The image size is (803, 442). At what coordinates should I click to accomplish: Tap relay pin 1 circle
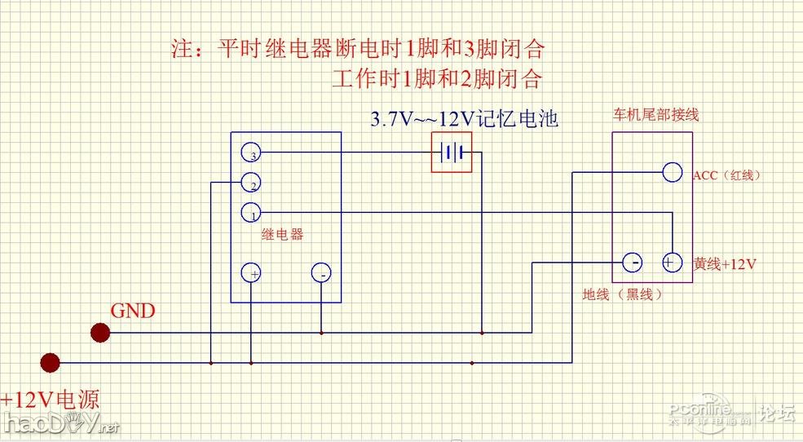(250, 213)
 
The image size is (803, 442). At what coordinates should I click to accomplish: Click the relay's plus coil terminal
(252, 273)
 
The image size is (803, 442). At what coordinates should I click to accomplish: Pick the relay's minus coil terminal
(321, 274)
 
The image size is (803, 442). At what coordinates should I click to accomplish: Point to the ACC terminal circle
(672, 172)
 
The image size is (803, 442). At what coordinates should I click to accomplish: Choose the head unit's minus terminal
(633, 263)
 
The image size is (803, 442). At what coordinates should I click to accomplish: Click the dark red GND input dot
(100, 332)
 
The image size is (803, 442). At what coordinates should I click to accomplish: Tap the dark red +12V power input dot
(51, 362)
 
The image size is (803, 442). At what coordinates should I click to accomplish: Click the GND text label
(133, 311)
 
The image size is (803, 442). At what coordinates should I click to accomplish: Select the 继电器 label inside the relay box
(283, 234)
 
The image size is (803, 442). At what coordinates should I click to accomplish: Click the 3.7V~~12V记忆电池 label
(464, 119)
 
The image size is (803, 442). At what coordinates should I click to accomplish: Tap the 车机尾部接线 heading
(655, 115)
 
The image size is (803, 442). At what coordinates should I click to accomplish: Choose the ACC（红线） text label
(730, 175)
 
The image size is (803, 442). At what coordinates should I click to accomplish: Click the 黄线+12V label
(725, 264)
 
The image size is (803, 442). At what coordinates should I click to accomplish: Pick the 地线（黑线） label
(622, 294)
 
